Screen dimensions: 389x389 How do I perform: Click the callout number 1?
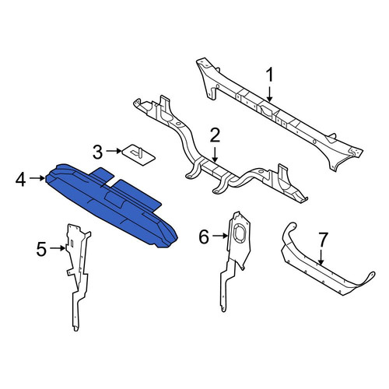pos(270,75)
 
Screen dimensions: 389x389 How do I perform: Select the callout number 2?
pos(215,135)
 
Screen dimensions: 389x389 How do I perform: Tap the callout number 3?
pos(98,152)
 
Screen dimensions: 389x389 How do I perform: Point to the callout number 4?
pos(21,180)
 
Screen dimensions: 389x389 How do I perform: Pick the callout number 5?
pos(41,249)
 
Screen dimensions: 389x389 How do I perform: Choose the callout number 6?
pos(204,237)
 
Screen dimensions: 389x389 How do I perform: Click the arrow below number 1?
pos(270,94)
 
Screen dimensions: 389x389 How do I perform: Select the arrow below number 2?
pos(215,155)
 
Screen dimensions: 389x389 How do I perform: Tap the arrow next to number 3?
pos(114,151)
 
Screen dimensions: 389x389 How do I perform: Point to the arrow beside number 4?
pos(37,178)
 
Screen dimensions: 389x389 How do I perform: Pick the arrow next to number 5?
pos(58,248)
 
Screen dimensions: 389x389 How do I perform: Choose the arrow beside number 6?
pos(220,236)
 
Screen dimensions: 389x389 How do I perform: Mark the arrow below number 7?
pos(321,258)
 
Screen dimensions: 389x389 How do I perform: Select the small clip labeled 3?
pos(138,155)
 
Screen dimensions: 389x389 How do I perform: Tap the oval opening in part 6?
pos(239,232)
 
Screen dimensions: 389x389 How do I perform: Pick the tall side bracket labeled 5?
pos(78,275)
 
